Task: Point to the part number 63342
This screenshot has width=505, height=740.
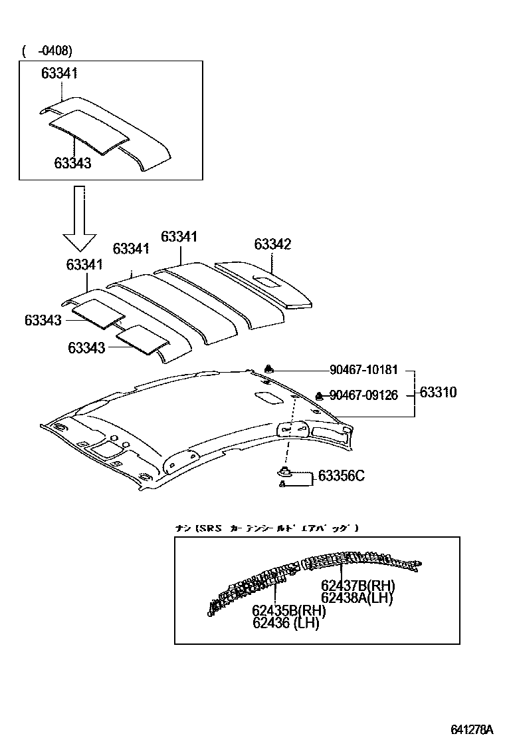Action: click(272, 245)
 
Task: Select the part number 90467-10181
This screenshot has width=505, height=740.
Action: click(363, 370)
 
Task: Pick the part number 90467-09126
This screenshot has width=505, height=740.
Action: click(363, 395)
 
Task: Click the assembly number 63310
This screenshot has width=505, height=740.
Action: click(438, 392)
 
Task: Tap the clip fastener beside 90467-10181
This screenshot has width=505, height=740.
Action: click(269, 369)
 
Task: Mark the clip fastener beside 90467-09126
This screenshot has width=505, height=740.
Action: click(319, 395)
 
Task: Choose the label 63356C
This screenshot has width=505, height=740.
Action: click(341, 476)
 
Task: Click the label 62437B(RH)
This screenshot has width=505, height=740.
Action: click(357, 586)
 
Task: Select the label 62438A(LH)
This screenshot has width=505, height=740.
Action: click(357, 598)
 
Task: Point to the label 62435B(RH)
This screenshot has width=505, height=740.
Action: click(288, 611)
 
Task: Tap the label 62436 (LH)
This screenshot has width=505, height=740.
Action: click(286, 623)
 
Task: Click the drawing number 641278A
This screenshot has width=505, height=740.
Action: click(472, 729)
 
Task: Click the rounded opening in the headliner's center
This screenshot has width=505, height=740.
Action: click(268, 397)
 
